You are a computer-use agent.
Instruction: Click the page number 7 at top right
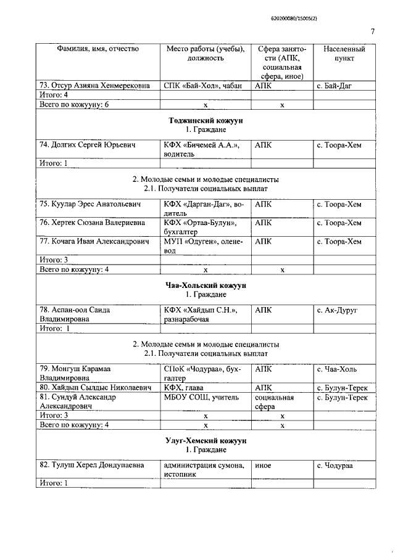(x=373, y=32)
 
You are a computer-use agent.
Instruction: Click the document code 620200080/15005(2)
(x=345, y=19)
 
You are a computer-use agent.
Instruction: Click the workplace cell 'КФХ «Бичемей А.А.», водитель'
(x=201, y=149)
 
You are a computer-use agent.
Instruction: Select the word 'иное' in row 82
(x=263, y=466)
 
